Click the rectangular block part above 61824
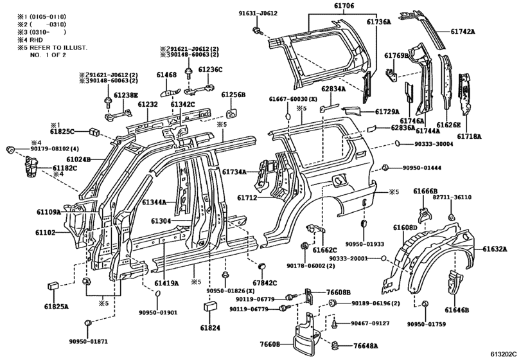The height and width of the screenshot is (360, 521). point(209,307)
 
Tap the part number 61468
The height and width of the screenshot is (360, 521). point(166,75)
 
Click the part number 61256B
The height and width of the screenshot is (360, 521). point(234,94)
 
